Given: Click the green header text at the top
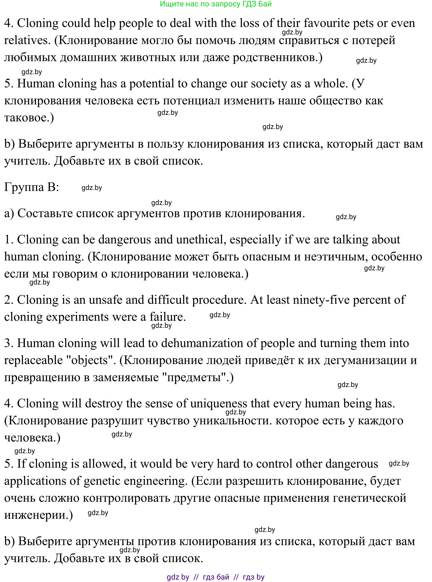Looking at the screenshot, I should pos(215,4).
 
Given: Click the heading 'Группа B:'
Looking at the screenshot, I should pos(32,187).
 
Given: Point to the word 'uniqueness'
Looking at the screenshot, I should pos(218,404).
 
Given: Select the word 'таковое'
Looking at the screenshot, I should pos(27,118).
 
